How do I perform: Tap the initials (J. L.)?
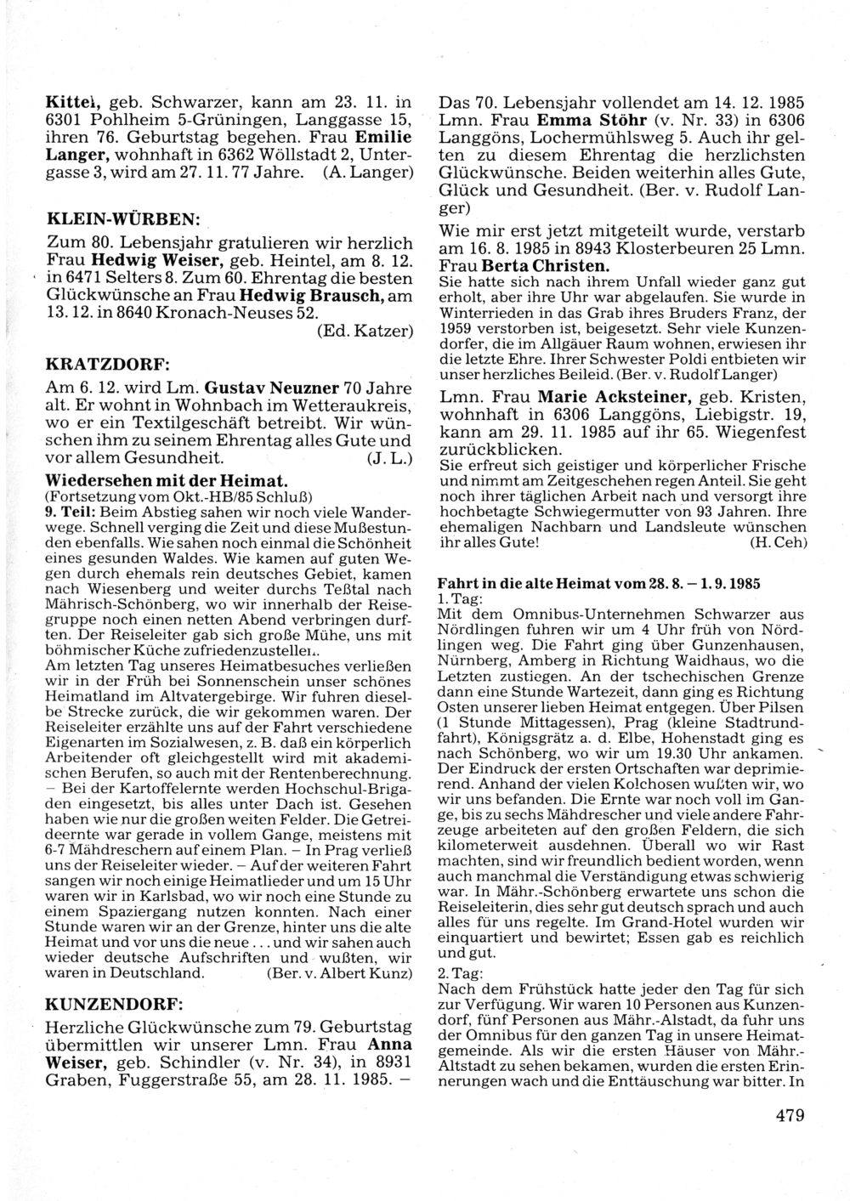(390, 459)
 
